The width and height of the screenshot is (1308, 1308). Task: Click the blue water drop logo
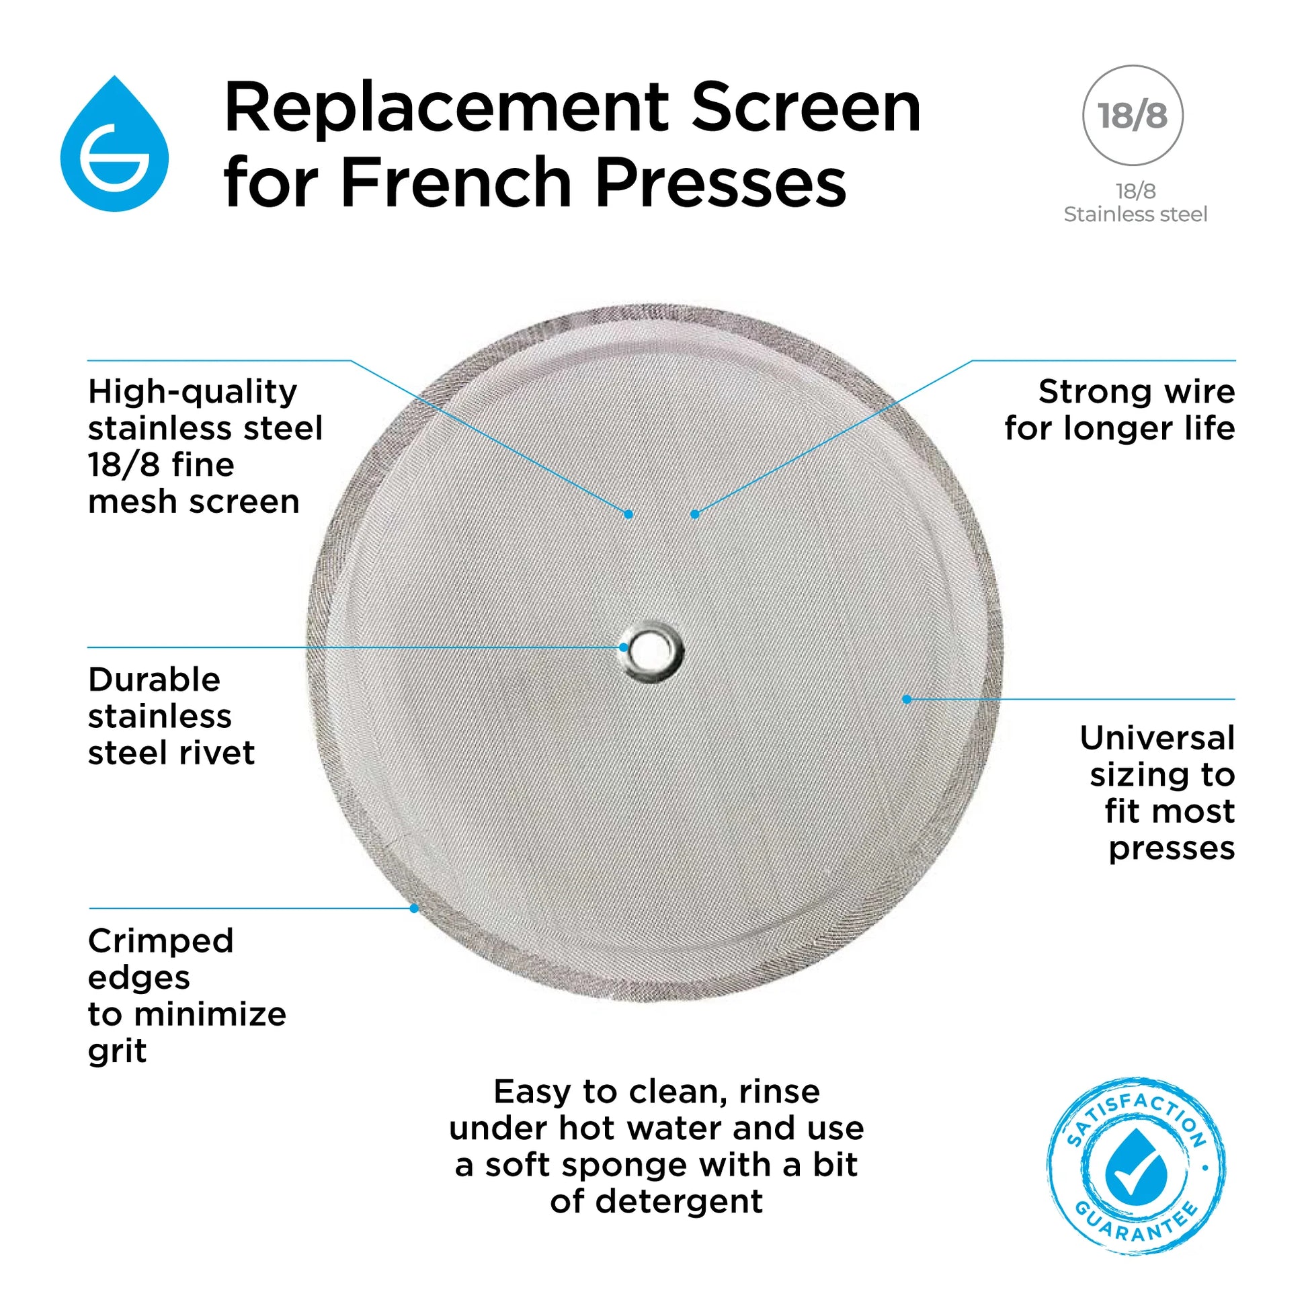[114, 146]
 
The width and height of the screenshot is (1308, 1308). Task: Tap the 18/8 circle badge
[1133, 115]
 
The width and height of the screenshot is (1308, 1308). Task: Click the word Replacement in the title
[447, 108]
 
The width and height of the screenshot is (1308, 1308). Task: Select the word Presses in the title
[722, 183]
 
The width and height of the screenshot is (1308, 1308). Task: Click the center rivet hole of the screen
[654, 649]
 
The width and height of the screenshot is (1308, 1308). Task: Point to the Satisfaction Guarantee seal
[1137, 1165]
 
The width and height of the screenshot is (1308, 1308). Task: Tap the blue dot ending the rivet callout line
[624, 647]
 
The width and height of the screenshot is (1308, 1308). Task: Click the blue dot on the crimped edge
[414, 908]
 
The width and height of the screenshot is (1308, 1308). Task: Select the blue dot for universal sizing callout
[907, 698]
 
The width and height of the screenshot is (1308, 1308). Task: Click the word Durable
[155, 680]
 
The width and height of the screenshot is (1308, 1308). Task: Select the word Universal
[1157, 738]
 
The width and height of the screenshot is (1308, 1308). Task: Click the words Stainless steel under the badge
[1135, 214]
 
